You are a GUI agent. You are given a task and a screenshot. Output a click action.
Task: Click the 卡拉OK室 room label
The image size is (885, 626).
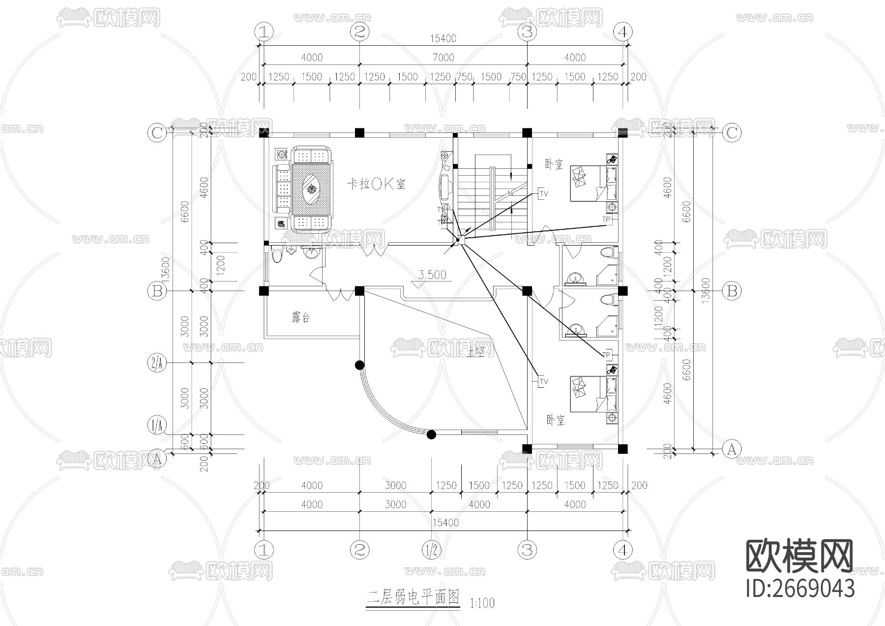coord(377,184)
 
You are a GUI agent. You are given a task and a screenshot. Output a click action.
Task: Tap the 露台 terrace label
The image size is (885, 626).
coord(300,318)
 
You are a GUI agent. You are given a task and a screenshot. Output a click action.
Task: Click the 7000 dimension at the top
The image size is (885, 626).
coord(443,58)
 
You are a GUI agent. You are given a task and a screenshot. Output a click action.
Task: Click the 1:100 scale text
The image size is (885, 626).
coord(482,602)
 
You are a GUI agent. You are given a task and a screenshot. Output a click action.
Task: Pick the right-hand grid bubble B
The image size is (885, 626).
coord(732,291)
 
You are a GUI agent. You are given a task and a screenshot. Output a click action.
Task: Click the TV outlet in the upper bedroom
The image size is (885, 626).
coord(543,193)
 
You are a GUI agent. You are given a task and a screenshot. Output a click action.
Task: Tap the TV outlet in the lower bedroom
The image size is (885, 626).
coord(543,381)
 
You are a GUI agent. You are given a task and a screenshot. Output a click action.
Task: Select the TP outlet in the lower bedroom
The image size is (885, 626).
coord(607,355)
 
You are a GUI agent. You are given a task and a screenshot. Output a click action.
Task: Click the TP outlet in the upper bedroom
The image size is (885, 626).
coord(607,219)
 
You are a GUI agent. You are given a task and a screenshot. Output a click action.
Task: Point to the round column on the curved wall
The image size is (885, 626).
coord(359,365)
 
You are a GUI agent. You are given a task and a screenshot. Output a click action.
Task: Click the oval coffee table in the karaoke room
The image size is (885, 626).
coord(311,188)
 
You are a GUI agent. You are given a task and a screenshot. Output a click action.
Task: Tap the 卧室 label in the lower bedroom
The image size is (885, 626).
coord(555,420)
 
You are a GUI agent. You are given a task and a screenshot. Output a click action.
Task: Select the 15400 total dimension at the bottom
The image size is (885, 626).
coord(445,522)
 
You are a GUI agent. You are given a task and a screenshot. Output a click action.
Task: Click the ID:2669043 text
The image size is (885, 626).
coord(800,588)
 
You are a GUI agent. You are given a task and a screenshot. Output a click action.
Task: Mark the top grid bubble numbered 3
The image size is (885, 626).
coord(527,32)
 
